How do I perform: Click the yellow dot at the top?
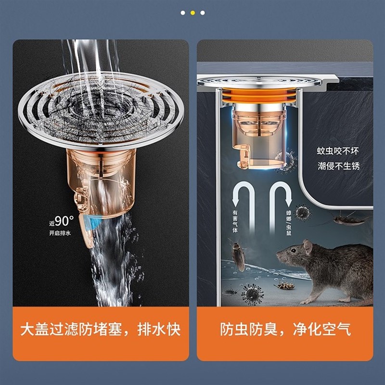coord(192,13)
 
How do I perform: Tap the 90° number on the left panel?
coord(63,221)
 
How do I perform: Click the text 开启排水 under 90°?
coord(60,233)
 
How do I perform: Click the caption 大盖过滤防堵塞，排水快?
coord(101,330)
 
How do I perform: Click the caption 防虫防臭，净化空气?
coord(285,330)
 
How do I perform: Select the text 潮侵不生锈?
coord(338,167)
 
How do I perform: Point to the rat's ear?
coord(308,246)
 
